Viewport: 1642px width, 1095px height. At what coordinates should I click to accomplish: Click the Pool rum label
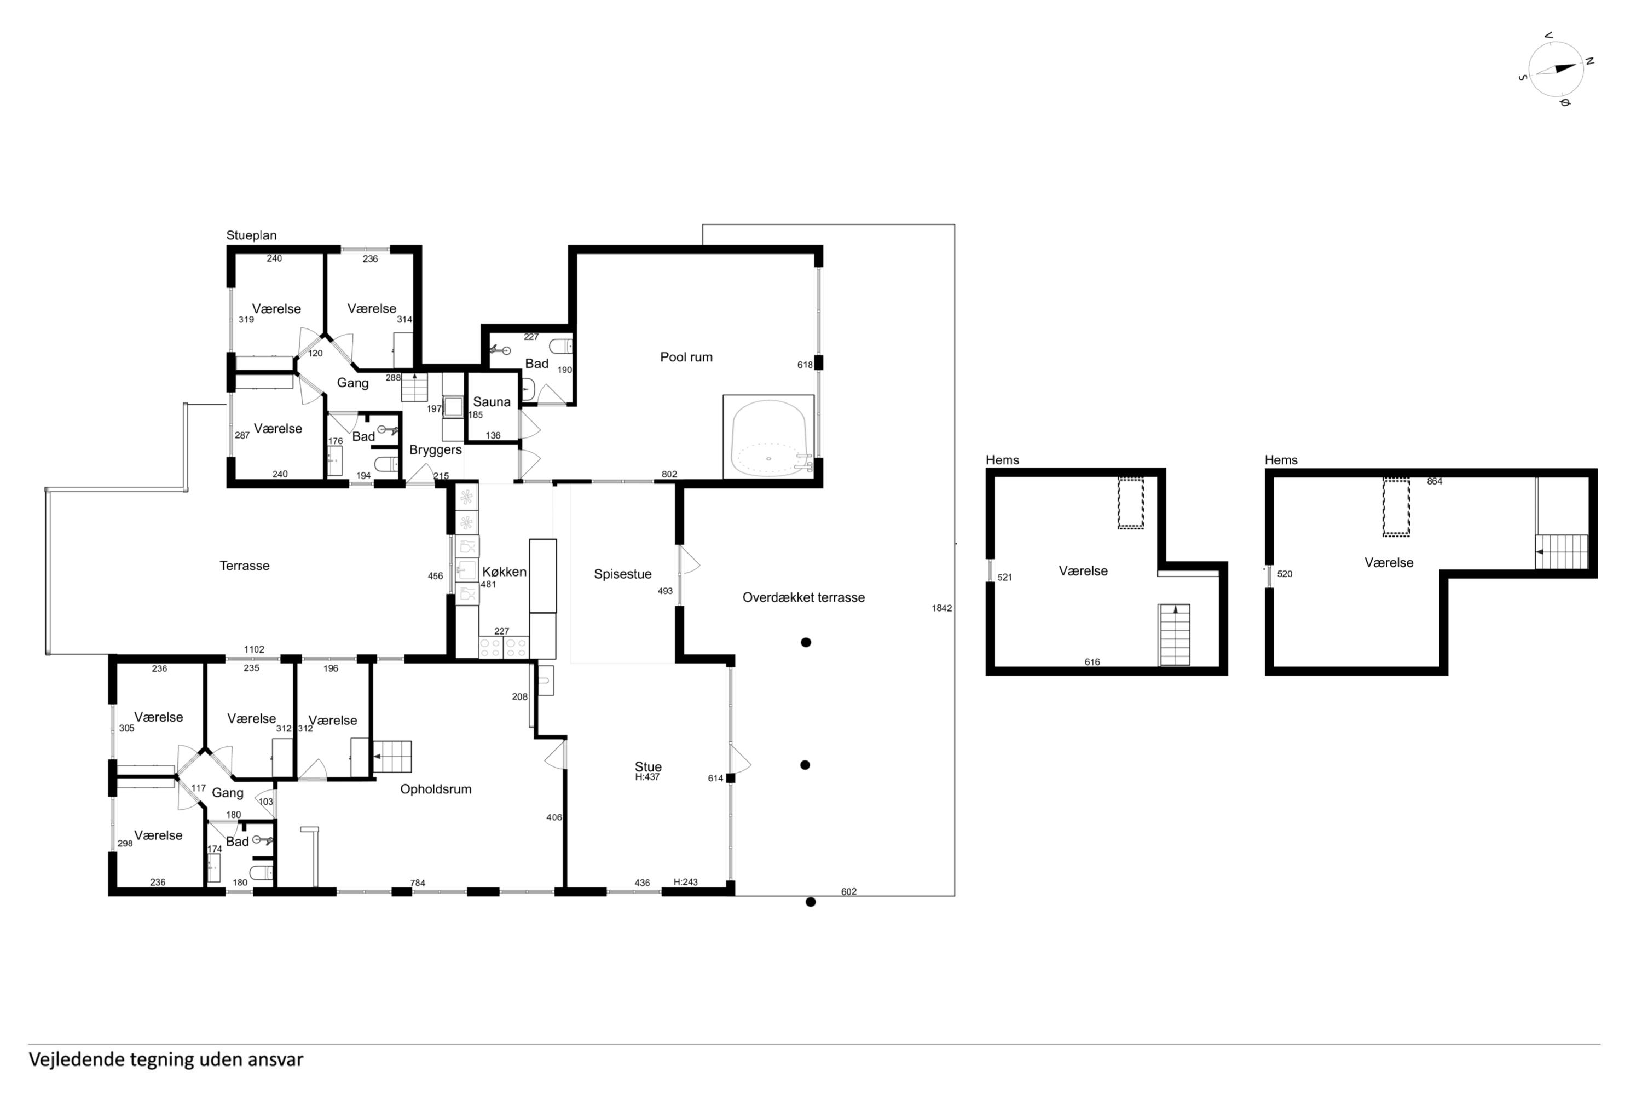pos(686,357)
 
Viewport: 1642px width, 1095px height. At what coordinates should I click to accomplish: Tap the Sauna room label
pos(492,401)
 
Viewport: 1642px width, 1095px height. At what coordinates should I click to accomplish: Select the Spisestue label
pos(623,574)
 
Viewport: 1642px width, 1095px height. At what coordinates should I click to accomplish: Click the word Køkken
pos(504,571)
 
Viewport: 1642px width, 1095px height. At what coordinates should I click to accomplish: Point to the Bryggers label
pos(436,449)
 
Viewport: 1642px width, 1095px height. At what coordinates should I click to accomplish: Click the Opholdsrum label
pos(436,789)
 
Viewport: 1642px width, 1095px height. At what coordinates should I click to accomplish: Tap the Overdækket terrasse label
pos(803,597)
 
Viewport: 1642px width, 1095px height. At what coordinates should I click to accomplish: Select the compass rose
pos(1556,68)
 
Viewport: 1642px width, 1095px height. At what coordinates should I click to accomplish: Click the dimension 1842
pos(942,608)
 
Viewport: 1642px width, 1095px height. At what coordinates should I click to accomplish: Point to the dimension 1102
pos(254,649)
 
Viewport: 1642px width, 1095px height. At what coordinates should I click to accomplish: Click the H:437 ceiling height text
pos(647,776)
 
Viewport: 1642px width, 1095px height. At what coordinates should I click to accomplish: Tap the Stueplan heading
pos(251,235)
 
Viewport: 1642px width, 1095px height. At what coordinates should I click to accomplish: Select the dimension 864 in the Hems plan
pos(1435,481)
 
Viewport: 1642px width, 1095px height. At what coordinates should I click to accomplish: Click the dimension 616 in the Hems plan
pos(1092,662)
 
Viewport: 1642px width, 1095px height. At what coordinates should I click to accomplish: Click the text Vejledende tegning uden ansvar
pos(166,1059)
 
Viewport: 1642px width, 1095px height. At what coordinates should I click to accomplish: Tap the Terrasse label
pos(244,566)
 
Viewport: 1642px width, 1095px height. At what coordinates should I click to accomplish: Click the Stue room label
pos(648,767)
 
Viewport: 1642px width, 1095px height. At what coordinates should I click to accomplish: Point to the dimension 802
pos(669,474)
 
